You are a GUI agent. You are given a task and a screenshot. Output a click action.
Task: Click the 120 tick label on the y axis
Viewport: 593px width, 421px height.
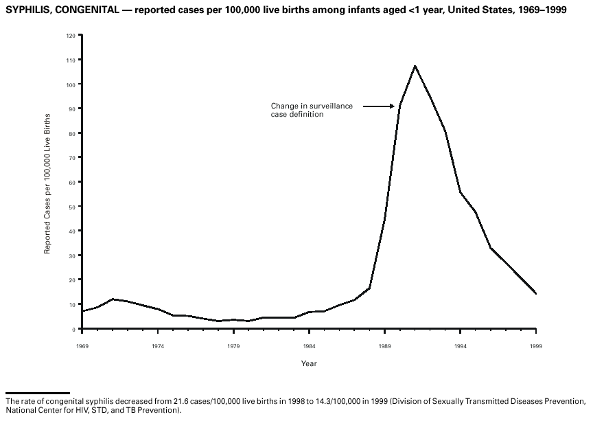[71, 35]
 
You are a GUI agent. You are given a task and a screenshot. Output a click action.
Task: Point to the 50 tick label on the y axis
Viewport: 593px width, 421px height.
[73, 207]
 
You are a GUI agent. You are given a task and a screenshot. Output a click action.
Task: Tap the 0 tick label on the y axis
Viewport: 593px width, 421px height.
[74, 330]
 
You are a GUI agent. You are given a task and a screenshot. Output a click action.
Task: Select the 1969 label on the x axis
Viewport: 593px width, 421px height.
[82, 347]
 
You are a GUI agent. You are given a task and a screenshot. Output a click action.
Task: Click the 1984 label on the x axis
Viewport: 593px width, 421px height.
[310, 347]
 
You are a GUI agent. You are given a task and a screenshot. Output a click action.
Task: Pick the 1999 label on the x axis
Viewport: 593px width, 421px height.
[536, 347]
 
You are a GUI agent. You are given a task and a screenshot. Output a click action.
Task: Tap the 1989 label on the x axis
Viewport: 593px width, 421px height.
[385, 347]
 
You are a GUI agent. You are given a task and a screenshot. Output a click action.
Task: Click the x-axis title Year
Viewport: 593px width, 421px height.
[309, 363]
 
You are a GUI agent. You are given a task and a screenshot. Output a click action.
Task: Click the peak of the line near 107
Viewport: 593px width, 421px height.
[415, 66]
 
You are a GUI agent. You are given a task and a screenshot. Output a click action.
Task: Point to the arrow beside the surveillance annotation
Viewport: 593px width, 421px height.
[379, 106]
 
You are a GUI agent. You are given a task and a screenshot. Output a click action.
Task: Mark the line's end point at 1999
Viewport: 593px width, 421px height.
[536, 294]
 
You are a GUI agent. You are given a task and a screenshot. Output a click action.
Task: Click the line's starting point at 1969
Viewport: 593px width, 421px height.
[82, 311]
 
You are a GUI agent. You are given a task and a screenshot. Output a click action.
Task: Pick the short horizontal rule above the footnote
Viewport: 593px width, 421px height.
[38, 393]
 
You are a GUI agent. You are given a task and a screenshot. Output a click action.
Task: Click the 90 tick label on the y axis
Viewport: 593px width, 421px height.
[73, 109]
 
